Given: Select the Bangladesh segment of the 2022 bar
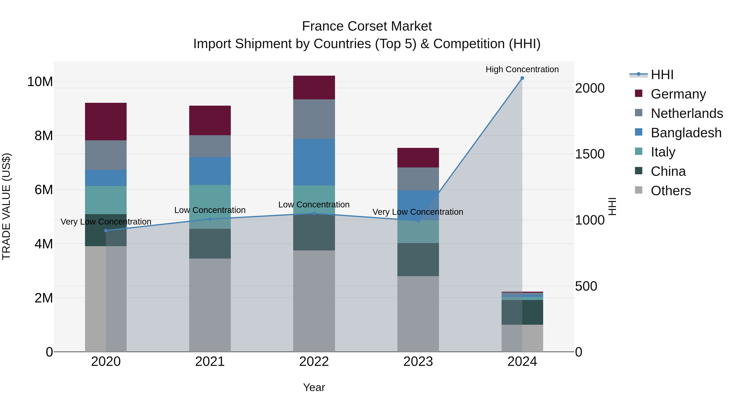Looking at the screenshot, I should click(x=314, y=162).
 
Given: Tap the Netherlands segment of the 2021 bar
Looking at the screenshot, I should click(x=210, y=146).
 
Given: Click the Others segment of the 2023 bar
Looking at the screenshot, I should click(x=418, y=313).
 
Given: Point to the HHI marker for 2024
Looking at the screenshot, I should click(x=522, y=78).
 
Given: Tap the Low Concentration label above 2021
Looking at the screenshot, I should click(x=210, y=210).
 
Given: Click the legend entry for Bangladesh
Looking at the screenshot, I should click(x=686, y=133).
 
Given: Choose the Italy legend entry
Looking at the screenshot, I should click(x=663, y=152).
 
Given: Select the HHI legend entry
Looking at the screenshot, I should click(x=662, y=75).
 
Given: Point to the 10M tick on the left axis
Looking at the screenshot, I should click(x=40, y=82).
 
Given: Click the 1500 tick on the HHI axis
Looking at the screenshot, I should click(x=589, y=154).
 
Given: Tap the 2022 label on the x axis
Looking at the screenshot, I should click(x=314, y=362).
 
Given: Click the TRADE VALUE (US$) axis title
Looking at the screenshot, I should click(x=6, y=206).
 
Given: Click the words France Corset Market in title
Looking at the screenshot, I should click(x=367, y=26).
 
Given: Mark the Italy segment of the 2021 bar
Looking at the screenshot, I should click(x=210, y=207).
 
